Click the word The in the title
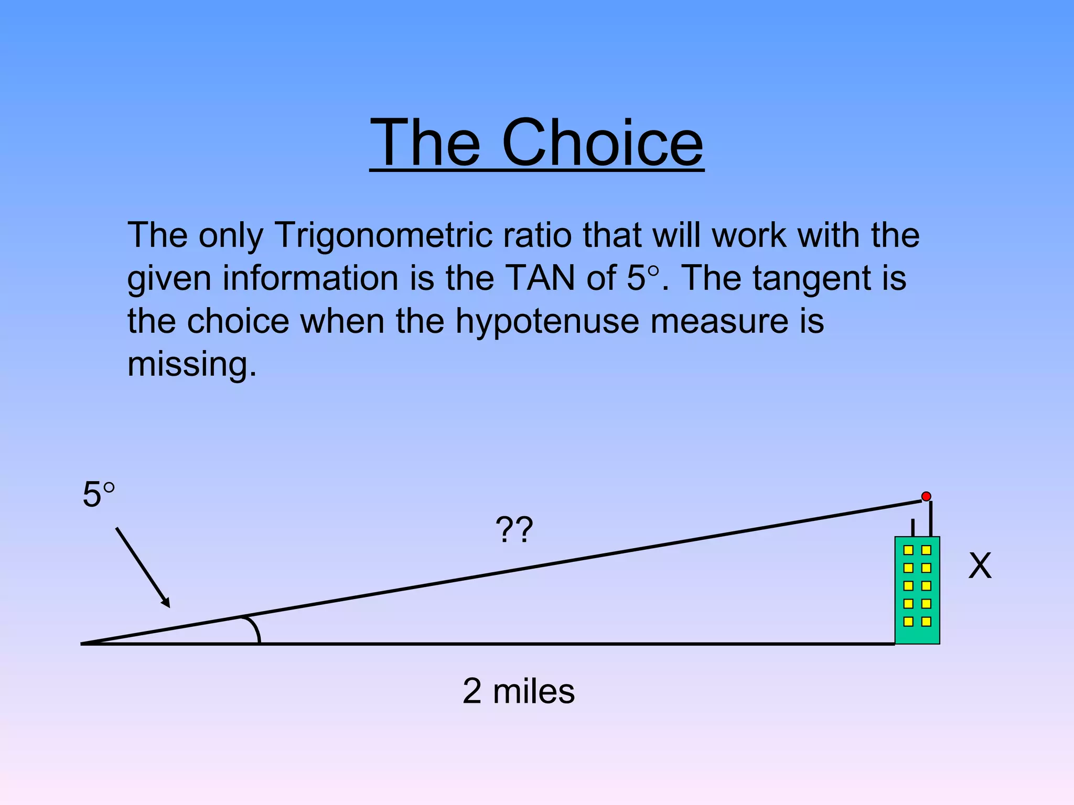click(425, 143)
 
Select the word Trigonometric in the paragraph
click(383, 235)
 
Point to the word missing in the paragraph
click(192, 364)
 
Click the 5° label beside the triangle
click(98, 495)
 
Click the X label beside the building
click(980, 567)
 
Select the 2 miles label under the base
click(518, 691)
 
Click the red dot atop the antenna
click(926, 496)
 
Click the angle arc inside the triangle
click(255, 629)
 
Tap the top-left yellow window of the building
click(909, 550)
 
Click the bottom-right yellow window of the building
click(926, 622)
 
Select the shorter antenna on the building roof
click(913, 527)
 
